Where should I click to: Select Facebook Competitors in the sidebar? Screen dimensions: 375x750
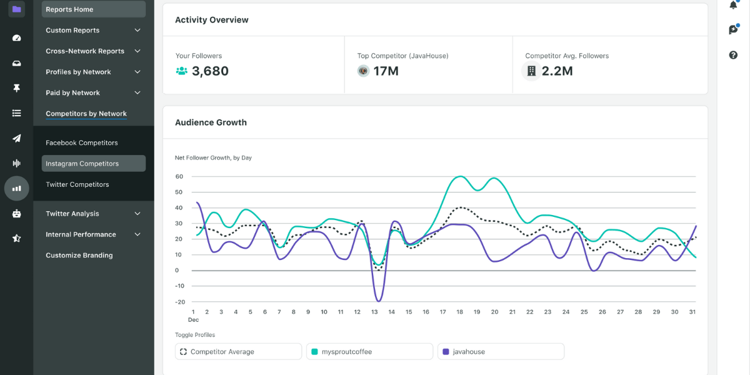[81, 143]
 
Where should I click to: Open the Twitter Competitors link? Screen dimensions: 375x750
[77, 184]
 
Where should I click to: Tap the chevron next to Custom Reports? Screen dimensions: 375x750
[137, 30]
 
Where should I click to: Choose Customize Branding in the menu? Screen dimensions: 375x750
[79, 255]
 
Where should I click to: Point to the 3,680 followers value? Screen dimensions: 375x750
[210, 71]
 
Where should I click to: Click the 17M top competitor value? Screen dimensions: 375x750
[386, 71]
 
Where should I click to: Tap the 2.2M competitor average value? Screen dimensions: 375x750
[557, 71]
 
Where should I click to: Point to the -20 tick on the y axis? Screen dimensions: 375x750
[180, 302]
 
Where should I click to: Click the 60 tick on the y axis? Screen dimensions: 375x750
[179, 176]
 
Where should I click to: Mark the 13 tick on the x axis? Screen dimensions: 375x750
[374, 312]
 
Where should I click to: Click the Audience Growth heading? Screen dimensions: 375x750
[211, 122]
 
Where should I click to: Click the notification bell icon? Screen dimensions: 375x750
[733, 6]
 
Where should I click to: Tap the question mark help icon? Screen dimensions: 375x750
[733, 55]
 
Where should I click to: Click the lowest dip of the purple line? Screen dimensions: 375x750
[377, 301]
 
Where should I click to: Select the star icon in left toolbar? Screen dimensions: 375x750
[17, 238]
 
